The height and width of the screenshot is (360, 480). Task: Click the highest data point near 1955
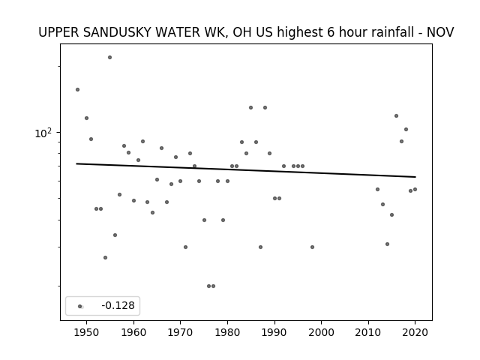[x=110, y=58]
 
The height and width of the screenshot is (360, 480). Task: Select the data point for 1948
[x=78, y=90]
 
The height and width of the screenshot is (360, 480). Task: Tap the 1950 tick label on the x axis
[x=87, y=332]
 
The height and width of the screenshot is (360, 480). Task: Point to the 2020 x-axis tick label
[x=415, y=332]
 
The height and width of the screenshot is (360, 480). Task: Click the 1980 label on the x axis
[x=227, y=332]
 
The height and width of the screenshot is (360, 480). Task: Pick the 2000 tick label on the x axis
[x=322, y=332]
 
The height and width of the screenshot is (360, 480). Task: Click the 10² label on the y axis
[x=43, y=133]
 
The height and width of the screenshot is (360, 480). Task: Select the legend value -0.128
[x=118, y=305]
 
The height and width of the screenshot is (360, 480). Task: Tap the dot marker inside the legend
[x=80, y=307]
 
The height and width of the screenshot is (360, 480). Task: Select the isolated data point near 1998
[x=312, y=247]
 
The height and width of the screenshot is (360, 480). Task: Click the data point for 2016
[x=397, y=116]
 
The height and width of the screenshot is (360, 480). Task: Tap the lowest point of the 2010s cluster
[x=387, y=244]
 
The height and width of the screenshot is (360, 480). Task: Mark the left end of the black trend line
[x=76, y=163]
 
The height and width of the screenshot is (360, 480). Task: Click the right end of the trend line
[x=415, y=177]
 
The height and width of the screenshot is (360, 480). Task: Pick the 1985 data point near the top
[x=251, y=108]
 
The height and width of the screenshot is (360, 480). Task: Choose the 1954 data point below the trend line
[x=105, y=258]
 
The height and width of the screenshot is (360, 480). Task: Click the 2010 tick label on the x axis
[x=368, y=332]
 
